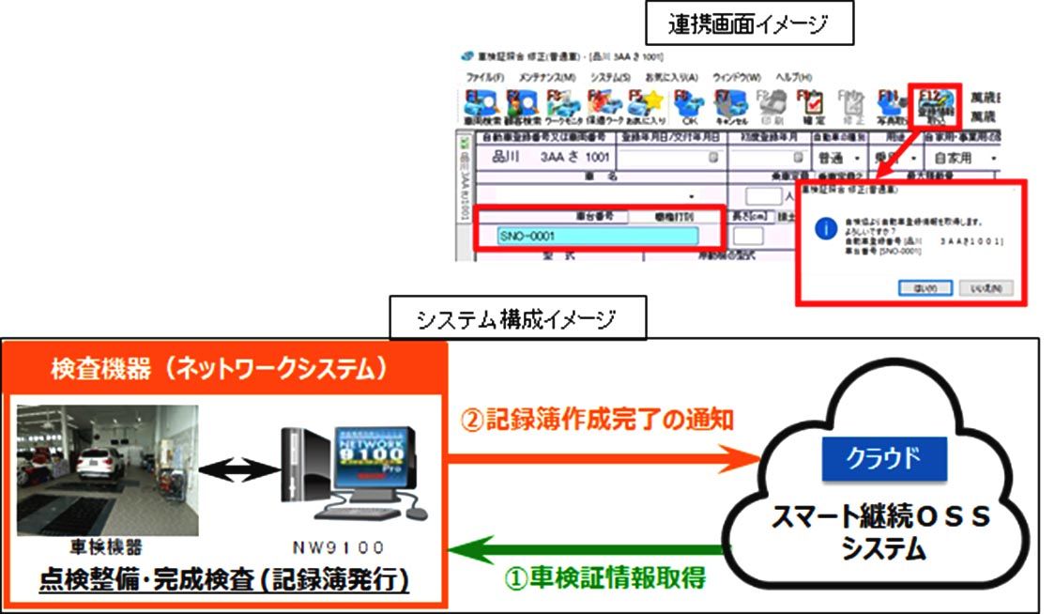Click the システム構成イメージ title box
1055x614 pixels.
point(516,320)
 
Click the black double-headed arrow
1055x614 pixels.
point(240,466)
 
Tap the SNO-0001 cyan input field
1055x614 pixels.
point(597,237)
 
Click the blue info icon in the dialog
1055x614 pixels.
point(825,228)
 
